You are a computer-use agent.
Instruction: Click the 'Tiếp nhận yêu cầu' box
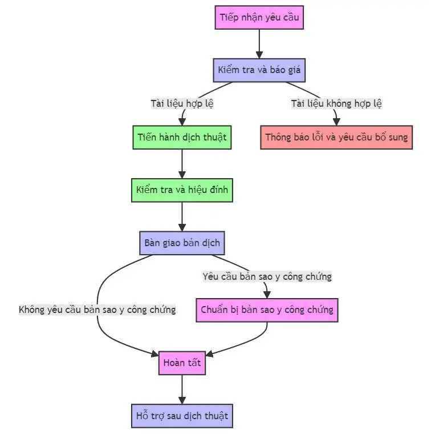259,17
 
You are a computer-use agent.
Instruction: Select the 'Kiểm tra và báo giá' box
259,71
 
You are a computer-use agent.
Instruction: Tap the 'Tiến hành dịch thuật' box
182,138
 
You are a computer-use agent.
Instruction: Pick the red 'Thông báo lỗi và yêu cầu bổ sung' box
336,138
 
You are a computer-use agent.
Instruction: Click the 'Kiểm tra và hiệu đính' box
182,190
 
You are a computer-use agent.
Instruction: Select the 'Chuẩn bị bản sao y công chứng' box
267,310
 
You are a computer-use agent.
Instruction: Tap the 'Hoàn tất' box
182,363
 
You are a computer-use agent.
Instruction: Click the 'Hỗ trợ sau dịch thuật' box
182,415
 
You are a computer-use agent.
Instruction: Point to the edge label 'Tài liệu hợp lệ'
182,104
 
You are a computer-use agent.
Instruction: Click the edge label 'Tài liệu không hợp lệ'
336,104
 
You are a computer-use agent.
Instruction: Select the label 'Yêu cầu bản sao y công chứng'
267,276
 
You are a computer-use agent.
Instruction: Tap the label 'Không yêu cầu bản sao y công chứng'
97,310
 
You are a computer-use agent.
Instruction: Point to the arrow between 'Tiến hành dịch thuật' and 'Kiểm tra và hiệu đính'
182,163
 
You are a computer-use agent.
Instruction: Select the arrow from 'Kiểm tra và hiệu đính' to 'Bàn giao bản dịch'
182,216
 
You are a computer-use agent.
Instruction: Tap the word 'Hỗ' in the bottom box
143,415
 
